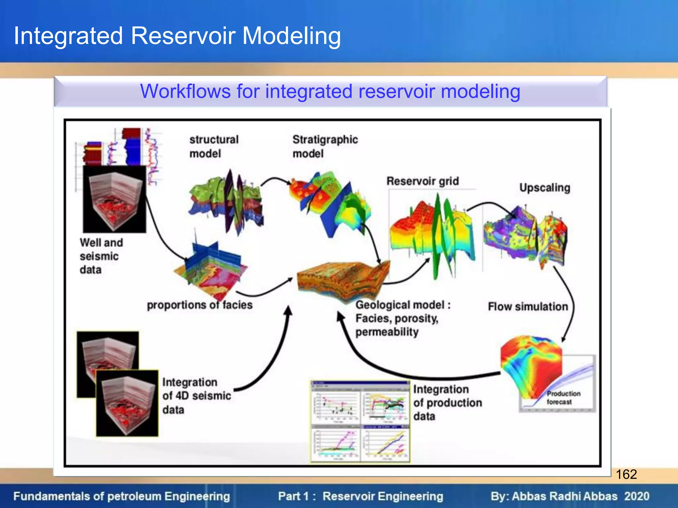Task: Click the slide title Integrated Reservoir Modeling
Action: [177, 36]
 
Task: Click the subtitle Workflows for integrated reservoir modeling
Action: [330, 91]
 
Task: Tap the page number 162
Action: [626, 474]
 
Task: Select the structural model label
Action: [214, 147]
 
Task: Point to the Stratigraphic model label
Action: [324, 147]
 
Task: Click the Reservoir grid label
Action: [422, 181]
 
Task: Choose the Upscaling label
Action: [545, 188]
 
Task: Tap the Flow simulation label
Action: [528, 307]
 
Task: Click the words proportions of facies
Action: [200, 305]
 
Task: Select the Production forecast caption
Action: [563, 398]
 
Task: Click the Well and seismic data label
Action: [101, 256]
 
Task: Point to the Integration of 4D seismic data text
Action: [196, 396]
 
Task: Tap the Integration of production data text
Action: [447, 402]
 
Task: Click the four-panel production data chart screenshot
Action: [360, 422]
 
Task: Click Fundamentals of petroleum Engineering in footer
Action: [121, 496]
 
